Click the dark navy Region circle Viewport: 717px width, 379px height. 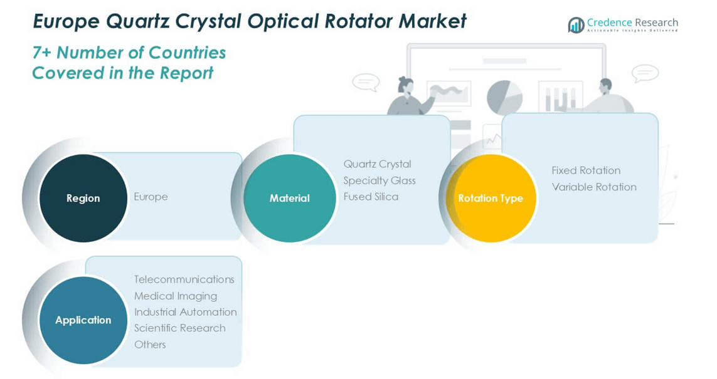coord(83,198)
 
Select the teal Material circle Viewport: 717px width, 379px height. coord(289,198)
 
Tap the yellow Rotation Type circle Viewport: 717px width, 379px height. coord(490,198)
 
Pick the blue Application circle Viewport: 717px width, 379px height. coord(83,320)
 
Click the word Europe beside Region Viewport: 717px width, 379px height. coord(151,197)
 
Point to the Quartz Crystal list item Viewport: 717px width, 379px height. coord(377,164)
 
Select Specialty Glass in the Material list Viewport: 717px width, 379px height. coord(379,180)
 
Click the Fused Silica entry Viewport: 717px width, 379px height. coord(371,197)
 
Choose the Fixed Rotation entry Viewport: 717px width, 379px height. coord(586,170)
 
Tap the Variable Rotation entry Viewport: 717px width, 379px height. coord(594,187)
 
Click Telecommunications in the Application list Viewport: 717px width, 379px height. coord(184,279)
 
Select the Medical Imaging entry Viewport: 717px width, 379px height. coord(176,296)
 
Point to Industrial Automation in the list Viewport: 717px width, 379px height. coord(185,312)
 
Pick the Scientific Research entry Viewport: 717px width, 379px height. coord(179,328)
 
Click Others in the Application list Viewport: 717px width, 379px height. coord(150,345)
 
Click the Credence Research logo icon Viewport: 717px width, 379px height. coord(576,25)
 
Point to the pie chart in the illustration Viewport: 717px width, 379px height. coord(504,97)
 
